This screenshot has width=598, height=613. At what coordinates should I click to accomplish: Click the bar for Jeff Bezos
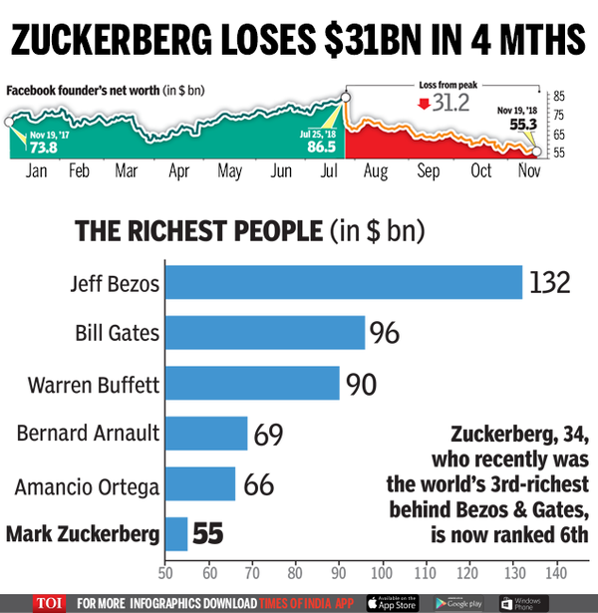(x=343, y=282)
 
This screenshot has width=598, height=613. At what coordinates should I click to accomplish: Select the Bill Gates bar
(x=264, y=332)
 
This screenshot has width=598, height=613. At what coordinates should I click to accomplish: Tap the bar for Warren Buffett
(x=251, y=383)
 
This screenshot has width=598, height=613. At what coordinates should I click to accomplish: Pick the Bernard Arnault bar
(x=205, y=433)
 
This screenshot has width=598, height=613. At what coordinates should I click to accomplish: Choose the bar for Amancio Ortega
(x=199, y=484)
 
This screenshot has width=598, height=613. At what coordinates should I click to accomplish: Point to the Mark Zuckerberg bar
(x=175, y=534)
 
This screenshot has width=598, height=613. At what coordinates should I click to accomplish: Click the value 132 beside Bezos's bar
(x=549, y=282)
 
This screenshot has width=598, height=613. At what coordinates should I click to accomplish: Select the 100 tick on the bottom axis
(x=382, y=575)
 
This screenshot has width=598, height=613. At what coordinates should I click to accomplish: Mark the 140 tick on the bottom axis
(x=554, y=575)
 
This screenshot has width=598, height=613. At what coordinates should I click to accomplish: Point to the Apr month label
(x=178, y=171)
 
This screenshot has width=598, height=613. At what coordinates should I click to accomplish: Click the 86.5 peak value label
(x=321, y=147)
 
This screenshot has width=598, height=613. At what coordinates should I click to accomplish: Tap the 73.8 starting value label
(x=43, y=148)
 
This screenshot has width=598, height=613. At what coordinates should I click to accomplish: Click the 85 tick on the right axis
(x=559, y=97)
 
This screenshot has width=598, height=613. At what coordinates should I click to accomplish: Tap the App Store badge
(x=393, y=602)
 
